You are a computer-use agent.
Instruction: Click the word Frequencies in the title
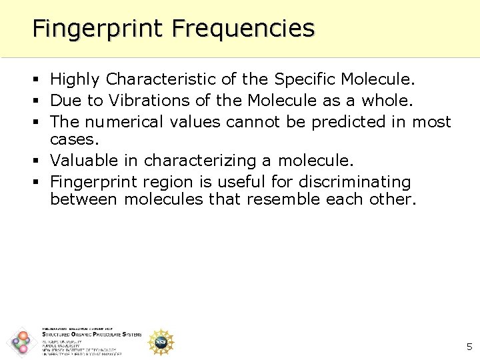click(243, 29)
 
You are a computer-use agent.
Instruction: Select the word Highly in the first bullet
click(75, 80)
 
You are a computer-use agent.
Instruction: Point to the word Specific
click(304, 80)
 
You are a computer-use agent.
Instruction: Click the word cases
click(72, 139)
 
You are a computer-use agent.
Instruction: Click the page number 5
click(469, 346)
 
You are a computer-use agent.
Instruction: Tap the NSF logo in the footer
click(161, 341)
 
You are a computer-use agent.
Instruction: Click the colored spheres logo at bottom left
click(21, 343)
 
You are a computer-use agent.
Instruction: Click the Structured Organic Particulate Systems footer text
click(91, 335)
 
